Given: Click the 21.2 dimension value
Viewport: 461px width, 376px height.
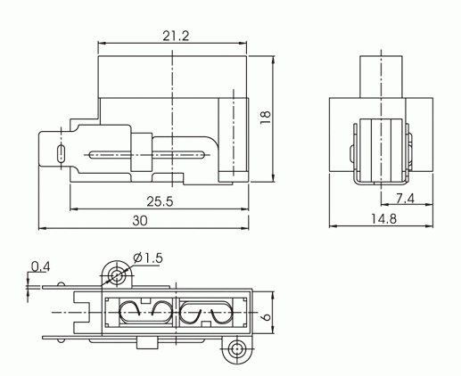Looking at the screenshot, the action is (x=176, y=37).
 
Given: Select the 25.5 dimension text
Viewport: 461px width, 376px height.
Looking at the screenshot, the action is (x=160, y=201).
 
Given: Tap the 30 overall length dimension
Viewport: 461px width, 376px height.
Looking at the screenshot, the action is (x=140, y=221).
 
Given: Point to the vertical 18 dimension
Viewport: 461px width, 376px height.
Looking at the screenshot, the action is (x=266, y=118).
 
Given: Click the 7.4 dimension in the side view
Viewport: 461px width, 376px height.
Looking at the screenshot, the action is (x=405, y=199).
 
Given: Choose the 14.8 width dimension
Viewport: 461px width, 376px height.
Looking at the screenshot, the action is (x=383, y=219).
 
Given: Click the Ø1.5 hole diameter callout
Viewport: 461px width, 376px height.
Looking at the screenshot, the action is (x=148, y=257).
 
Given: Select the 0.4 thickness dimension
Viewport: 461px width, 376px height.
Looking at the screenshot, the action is (x=41, y=266).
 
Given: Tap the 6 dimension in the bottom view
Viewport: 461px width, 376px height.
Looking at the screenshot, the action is (x=267, y=316).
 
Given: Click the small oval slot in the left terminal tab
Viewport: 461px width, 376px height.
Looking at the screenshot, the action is (x=61, y=153).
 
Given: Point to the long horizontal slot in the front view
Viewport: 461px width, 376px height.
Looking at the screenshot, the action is (x=147, y=154).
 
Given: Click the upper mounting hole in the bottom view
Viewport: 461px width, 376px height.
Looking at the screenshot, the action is (x=116, y=275).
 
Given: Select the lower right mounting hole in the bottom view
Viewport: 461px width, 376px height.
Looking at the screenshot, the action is (x=236, y=349).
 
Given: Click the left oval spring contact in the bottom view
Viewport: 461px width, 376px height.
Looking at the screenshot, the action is (x=145, y=313).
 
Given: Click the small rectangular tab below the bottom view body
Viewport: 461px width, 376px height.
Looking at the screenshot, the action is (x=147, y=343).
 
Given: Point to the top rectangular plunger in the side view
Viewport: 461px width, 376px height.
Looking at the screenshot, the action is (x=381, y=77).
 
